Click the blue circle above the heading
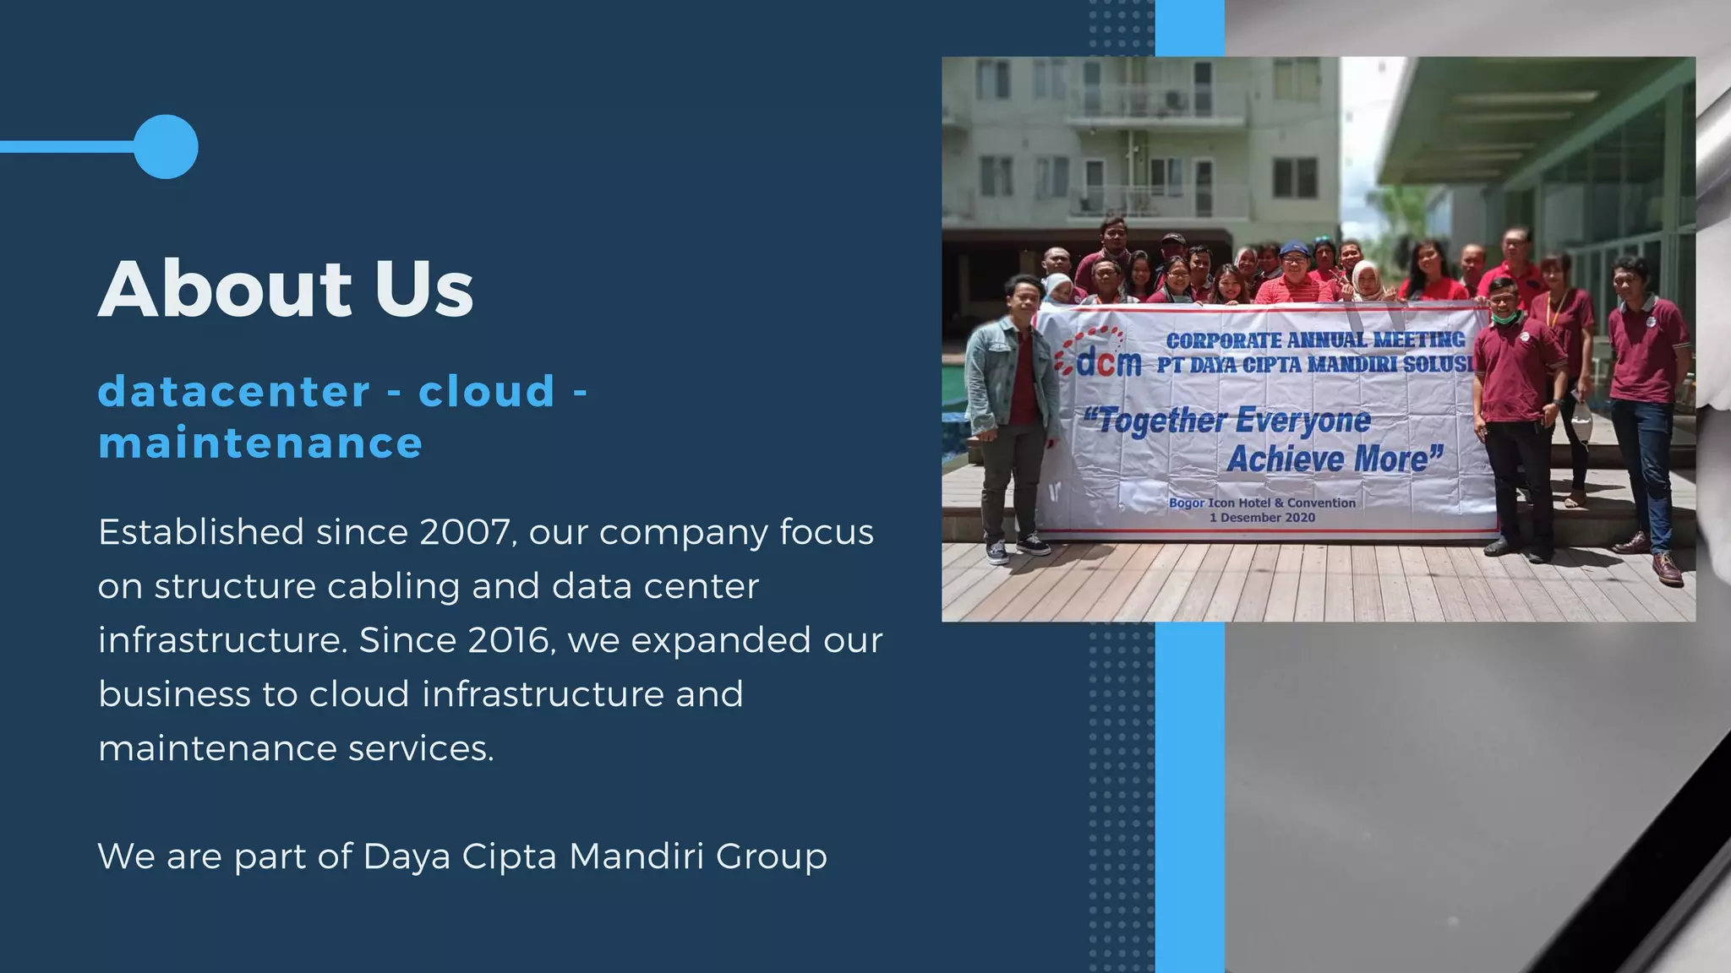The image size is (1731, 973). click(x=166, y=147)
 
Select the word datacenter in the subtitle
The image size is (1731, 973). click(x=234, y=392)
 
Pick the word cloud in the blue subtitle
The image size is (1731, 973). click(x=487, y=392)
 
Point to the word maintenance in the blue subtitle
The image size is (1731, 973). click(x=260, y=444)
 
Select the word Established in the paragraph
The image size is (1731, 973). click(x=201, y=533)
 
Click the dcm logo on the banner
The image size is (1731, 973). click(x=1101, y=355)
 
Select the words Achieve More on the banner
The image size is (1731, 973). click(x=1334, y=459)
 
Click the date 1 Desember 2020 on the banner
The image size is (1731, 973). click(x=1262, y=518)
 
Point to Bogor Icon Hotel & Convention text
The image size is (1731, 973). click(x=1262, y=503)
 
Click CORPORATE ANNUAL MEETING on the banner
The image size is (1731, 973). click(x=1315, y=340)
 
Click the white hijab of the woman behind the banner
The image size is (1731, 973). click(x=1366, y=279)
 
